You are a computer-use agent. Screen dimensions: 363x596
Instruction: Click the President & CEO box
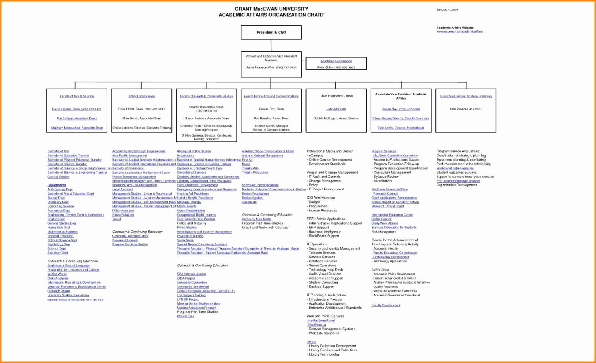click(x=271, y=33)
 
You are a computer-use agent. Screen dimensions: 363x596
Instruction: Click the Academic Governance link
click(x=336, y=61)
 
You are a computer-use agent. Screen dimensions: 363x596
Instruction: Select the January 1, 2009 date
click(x=447, y=10)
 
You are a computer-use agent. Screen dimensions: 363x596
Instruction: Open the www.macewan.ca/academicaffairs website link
click(x=459, y=32)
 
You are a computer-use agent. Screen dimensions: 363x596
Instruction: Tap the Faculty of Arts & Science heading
click(x=77, y=97)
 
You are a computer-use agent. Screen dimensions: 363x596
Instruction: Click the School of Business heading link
click(x=142, y=97)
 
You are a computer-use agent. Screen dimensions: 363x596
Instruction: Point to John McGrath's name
click(x=336, y=109)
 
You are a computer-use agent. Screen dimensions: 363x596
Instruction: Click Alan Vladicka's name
click(x=465, y=109)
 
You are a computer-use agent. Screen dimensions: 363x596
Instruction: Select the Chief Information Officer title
click(x=336, y=96)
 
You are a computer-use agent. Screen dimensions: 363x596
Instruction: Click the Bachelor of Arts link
click(x=58, y=152)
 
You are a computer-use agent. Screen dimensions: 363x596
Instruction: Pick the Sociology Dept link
click(x=57, y=253)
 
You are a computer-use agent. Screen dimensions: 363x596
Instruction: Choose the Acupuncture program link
click(x=185, y=156)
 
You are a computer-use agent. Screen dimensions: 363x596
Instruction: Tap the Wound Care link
click(x=185, y=317)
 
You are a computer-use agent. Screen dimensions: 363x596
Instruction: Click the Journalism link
click(x=249, y=202)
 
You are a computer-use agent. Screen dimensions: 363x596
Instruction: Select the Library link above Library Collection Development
click(x=311, y=342)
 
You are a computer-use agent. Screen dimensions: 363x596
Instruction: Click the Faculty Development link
click(x=386, y=305)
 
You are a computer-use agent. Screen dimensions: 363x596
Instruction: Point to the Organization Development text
click(x=456, y=185)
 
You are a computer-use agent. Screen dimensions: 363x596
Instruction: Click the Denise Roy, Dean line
click(x=271, y=109)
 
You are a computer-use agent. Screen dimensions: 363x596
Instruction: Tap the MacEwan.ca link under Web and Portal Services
click(x=317, y=325)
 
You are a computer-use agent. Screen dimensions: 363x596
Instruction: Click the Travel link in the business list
click(x=116, y=219)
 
